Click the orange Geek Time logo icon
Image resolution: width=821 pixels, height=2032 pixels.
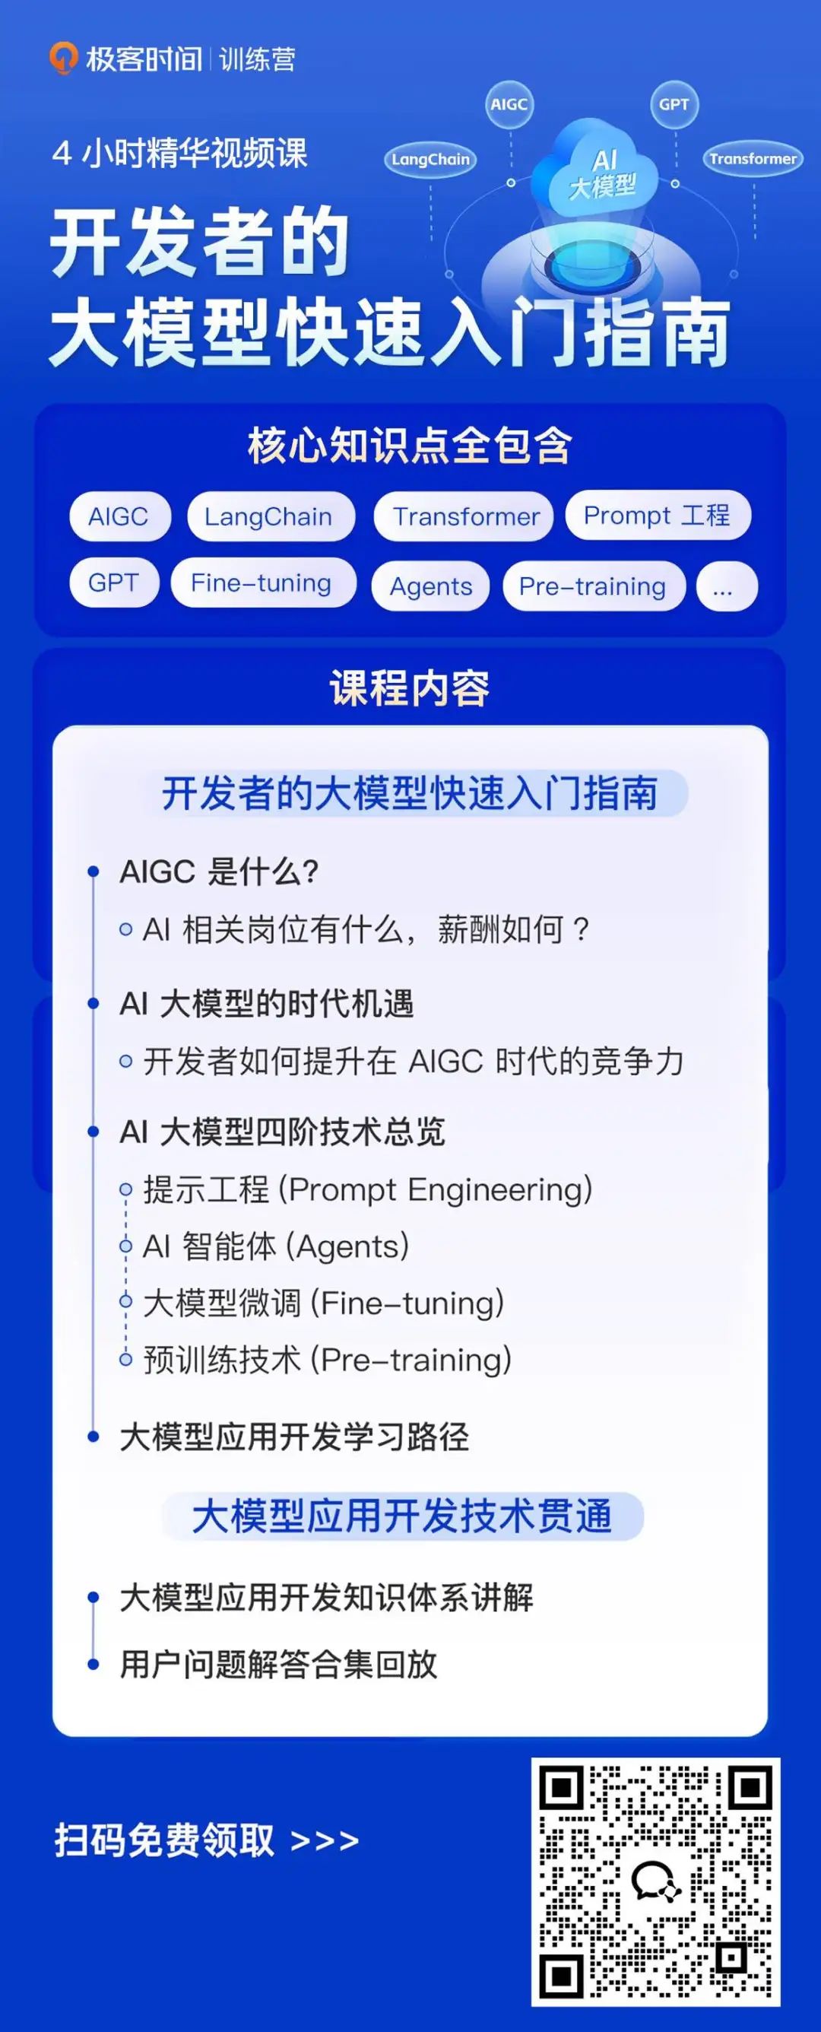(63, 59)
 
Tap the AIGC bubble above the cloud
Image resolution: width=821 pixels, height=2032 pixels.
(509, 104)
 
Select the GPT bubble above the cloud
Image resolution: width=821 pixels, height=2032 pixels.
(674, 104)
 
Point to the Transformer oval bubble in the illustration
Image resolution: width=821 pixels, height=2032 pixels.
(753, 158)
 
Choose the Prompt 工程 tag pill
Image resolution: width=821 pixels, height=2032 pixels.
(658, 515)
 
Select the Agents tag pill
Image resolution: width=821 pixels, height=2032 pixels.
(430, 586)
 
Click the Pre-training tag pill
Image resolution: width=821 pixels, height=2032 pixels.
(593, 586)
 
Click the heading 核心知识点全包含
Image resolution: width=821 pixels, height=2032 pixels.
(409, 446)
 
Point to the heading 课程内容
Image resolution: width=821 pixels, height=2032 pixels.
(409, 687)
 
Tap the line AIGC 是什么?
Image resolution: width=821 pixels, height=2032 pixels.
(218, 872)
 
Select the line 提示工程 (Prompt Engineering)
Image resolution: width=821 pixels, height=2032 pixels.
(367, 1189)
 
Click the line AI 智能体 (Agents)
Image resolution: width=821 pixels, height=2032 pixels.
(276, 1246)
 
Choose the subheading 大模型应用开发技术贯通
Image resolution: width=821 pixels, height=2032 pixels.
(402, 1516)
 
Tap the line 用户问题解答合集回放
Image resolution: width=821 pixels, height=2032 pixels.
(278, 1664)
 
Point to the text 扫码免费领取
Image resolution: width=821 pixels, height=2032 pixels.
(164, 1840)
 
